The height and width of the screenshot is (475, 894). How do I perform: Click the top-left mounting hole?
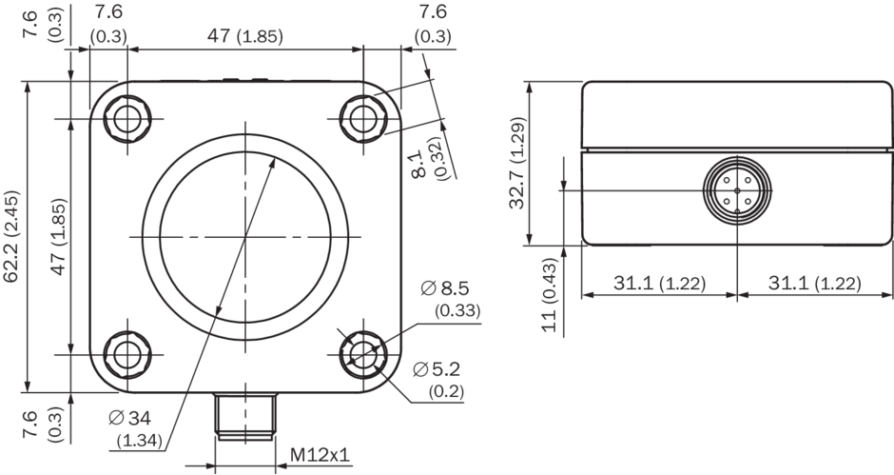click(x=126, y=118)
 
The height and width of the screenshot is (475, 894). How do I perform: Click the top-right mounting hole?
click(x=361, y=118)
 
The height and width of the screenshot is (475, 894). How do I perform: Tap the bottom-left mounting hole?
click(x=126, y=354)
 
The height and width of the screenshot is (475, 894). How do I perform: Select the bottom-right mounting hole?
click(x=361, y=354)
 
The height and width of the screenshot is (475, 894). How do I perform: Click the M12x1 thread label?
click(x=320, y=455)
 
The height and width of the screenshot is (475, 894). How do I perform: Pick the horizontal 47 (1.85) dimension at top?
click(x=243, y=37)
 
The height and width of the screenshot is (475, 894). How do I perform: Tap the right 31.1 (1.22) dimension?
click(x=814, y=284)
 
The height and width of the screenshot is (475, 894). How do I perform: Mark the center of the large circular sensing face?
click(x=243, y=236)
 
